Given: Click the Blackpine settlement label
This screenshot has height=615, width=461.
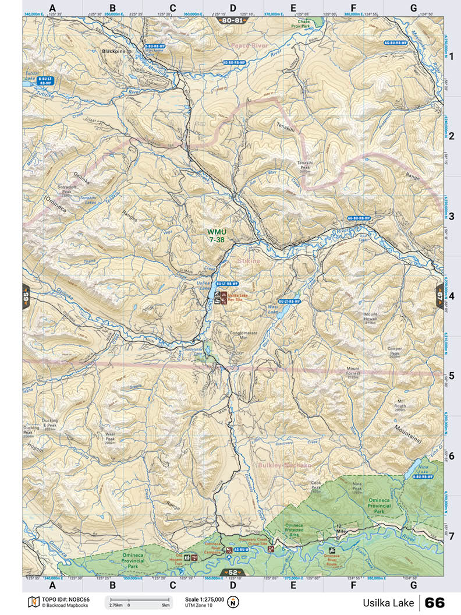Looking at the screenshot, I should click(114, 51).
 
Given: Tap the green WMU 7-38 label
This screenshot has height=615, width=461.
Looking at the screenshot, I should click(217, 235).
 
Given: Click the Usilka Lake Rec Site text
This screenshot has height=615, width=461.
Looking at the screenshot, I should click(237, 298).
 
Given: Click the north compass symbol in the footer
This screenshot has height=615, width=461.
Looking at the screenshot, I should click(233, 602).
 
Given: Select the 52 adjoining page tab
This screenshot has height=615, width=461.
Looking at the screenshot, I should click(232, 572).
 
